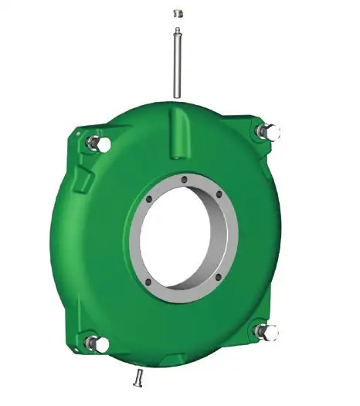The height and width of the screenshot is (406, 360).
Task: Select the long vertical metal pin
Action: [178, 66]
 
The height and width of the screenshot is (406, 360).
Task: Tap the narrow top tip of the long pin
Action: [177, 32]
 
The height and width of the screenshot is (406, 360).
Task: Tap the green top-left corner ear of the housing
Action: [81, 139]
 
